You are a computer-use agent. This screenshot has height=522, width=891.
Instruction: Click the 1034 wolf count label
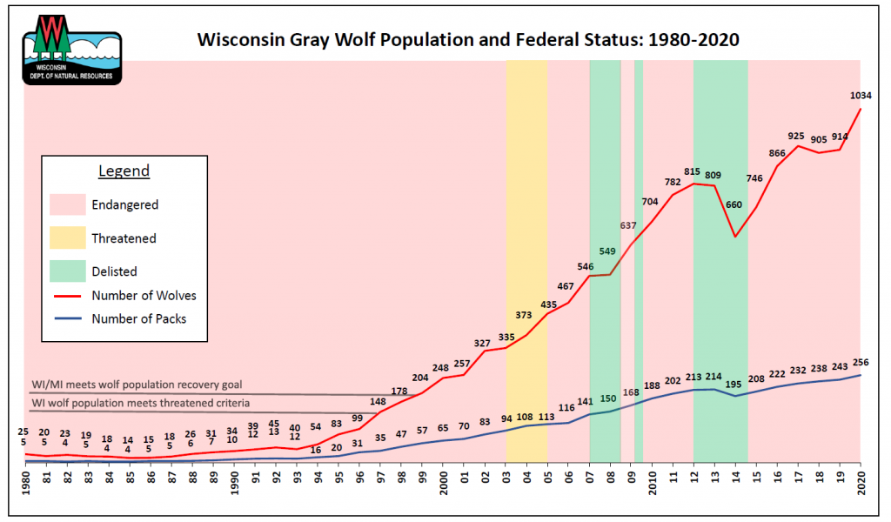click(861, 95)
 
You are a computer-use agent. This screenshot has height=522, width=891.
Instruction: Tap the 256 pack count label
click(861, 362)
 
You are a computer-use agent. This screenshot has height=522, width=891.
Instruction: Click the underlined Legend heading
click(124, 171)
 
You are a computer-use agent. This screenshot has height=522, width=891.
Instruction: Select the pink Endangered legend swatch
click(66, 205)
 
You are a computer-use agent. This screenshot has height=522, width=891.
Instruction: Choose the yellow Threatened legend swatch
click(66, 238)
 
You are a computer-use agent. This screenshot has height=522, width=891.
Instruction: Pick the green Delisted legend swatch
click(66, 271)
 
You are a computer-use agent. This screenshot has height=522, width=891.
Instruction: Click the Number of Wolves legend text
click(144, 296)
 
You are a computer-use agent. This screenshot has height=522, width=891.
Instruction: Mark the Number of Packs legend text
click(139, 318)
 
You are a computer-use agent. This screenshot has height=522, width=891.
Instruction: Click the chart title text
click(468, 40)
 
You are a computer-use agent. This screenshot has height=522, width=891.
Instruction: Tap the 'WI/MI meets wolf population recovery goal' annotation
click(137, 384)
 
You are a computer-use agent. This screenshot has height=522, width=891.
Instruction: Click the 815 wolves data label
click(693, 172)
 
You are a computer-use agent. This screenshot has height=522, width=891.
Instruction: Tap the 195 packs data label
click(735, 384)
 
